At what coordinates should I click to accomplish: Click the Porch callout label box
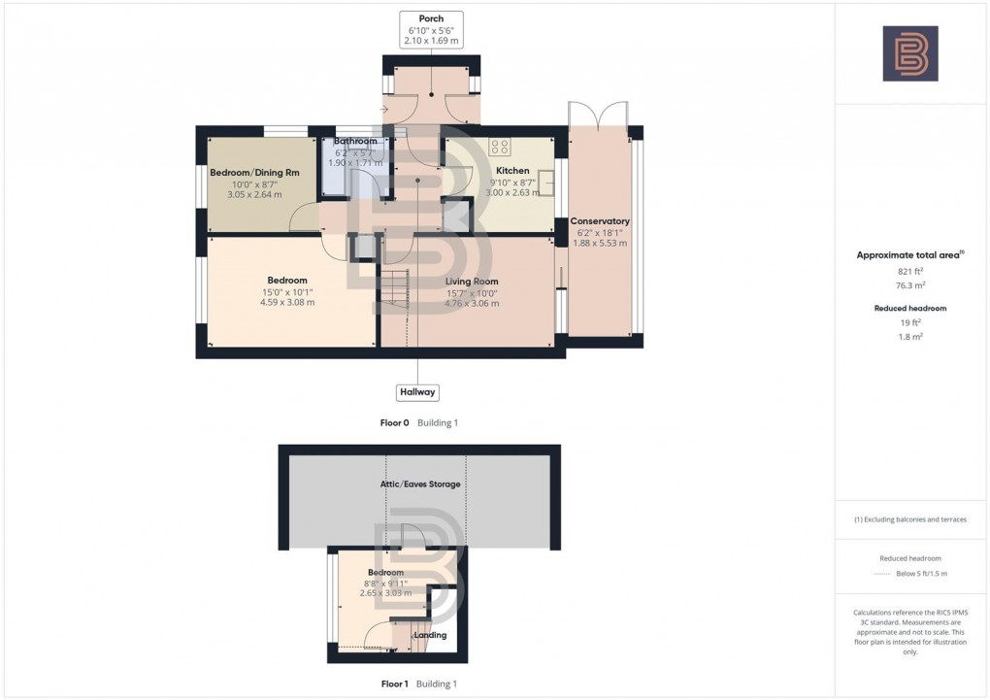click(x=431, y=29)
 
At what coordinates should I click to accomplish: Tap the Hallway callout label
click(x=417, y=392)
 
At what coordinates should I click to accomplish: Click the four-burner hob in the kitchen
click(x=500, y=148)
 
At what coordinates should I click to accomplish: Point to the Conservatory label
click(x=600, y=221)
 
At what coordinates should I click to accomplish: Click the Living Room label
click(x=472, y=282)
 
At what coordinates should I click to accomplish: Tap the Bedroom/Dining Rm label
click(x=254, y=173)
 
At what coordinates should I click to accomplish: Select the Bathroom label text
click(x=356, y=142)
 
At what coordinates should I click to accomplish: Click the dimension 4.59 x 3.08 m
click(x=287, y=302)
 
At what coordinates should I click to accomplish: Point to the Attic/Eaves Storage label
click(x=420, y=483)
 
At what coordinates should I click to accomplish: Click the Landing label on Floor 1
click(x=430, y=635)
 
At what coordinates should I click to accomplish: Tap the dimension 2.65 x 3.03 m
click(x=385, y=592)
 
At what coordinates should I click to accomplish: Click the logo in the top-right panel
click(x=909, y=53)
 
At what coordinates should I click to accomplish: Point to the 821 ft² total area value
click(x=909, y=272)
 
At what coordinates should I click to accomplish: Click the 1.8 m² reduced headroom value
click(x=909, y=336)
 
